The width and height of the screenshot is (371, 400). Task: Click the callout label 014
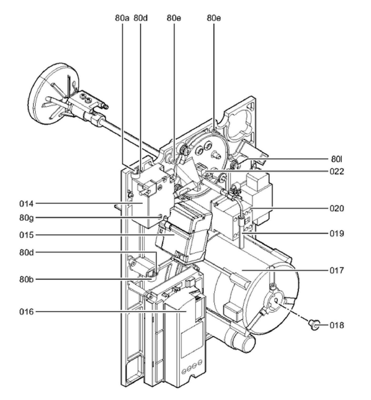tap(27, 204)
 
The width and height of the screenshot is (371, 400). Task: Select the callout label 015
tap(27, 235)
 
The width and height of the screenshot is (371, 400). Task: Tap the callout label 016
tap(27, 312)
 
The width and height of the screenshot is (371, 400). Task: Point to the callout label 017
tap(337, 270)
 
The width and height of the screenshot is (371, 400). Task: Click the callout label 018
tap(337, 325)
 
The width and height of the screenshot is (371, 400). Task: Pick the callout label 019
tap(337, 233)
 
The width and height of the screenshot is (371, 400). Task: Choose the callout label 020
tap(337, 209)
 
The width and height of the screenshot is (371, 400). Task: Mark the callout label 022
tap(337, 172)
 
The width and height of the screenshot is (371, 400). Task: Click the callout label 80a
tap(122, 18)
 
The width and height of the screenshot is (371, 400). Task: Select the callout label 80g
tap(27, 218)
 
